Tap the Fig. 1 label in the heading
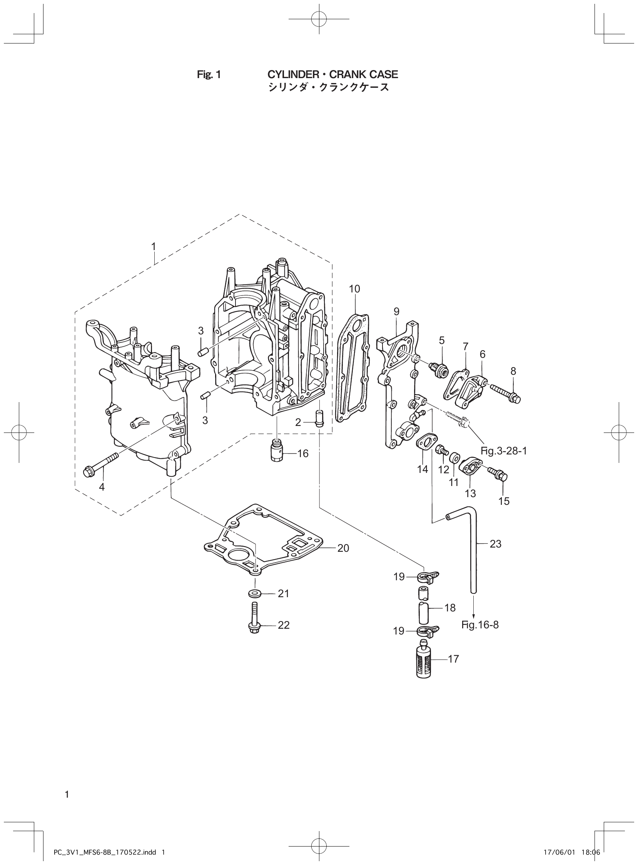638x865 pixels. pyautogui.click(x=209, y=75)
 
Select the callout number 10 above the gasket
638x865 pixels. pyautogui.click(x=354, y=289)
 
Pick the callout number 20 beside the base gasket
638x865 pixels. pyautogui.click(x=343, y=548)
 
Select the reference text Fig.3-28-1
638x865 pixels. pyautogui.click(x=504, y=451)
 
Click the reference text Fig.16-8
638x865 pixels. pyautogui.click(x=480, y=625)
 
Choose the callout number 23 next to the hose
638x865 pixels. pyautogui.click(x=495, y=544)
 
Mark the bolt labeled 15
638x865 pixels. pyautogui.click(x=498, y=474)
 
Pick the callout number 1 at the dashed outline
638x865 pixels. pyautogui.click(x=153, y=246)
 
